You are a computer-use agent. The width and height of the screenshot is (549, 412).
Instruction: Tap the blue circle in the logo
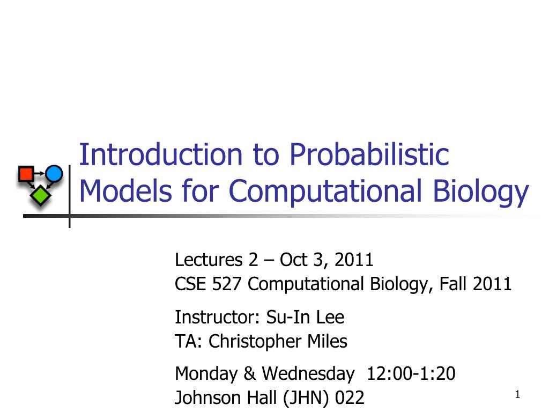coord(54,173)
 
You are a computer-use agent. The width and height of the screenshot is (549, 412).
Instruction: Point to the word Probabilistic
coord(369,155)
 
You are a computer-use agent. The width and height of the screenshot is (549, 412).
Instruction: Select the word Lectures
coord(209,260)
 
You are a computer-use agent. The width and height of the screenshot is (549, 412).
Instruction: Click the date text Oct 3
coord(303,260)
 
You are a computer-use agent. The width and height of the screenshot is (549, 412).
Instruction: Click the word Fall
coord(454,284)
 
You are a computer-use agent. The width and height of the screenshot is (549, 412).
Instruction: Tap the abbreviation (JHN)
coord(303,398)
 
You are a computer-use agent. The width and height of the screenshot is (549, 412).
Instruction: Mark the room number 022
coord(350,398)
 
